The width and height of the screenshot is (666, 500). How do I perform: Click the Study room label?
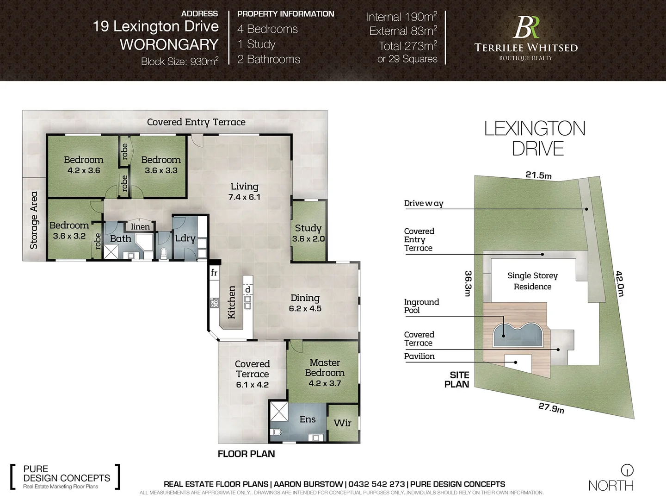tap(308, 228)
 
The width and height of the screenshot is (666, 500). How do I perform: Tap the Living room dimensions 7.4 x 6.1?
tap(244, 197)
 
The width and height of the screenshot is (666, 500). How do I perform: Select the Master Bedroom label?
tap(325, 368)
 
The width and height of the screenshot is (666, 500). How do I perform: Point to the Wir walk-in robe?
tap(342, 423)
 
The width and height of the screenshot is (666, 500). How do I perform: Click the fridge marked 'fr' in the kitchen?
tap(214, 273)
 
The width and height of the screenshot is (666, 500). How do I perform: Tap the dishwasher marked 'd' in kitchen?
tap(248, 289)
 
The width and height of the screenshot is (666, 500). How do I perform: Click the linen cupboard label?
tap(140, 226)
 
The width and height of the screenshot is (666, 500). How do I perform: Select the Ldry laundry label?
tap(185, 238)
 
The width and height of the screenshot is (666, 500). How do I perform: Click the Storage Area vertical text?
tap(34, 220)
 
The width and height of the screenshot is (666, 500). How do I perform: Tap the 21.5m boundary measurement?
tap(538, 175)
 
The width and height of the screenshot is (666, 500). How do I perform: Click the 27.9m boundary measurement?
tap(551, 408)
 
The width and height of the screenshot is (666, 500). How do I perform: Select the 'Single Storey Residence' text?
tap(532, 281)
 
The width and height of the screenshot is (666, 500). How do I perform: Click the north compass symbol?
tap(627, 470)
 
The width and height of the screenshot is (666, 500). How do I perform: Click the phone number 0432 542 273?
tap(376, 484)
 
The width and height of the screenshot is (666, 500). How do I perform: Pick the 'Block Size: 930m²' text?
tap(179, 62)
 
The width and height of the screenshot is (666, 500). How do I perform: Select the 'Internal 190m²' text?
tap(401, 17)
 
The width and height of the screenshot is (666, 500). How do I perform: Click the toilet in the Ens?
tap(277, 432)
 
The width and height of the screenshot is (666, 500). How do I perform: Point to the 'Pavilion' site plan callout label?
tap(419, 356)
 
